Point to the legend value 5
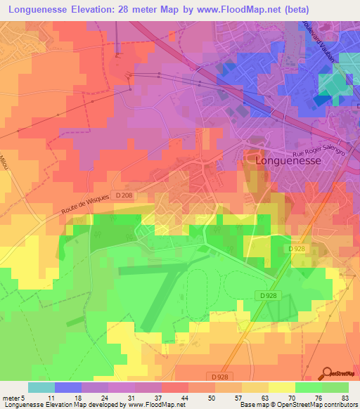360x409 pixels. pyautogui.click(x=27, y=397)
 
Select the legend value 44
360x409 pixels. pyautogui.click(x=184, y=397)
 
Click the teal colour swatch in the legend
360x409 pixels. pyautogui.click(x=41, y=387)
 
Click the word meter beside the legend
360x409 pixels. pyautogui.click(x=13, y=397)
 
